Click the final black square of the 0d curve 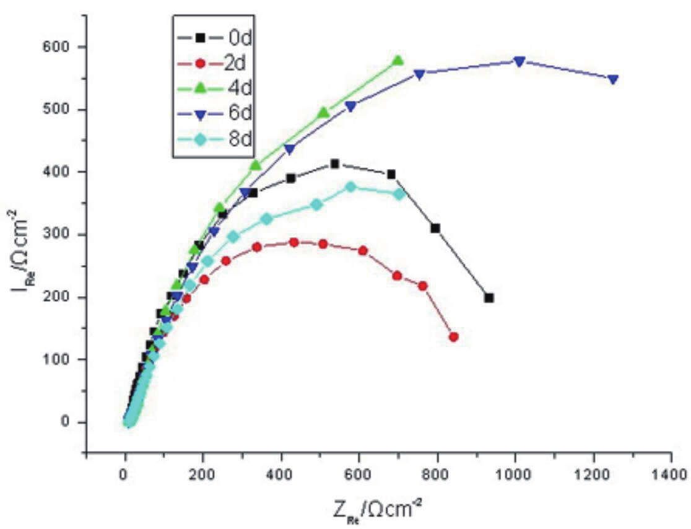(489, 298)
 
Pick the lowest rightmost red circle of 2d (454, 337)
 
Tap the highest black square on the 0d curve (335, 164)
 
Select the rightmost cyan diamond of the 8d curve (399, 194)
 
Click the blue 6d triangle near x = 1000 (519, 61)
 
